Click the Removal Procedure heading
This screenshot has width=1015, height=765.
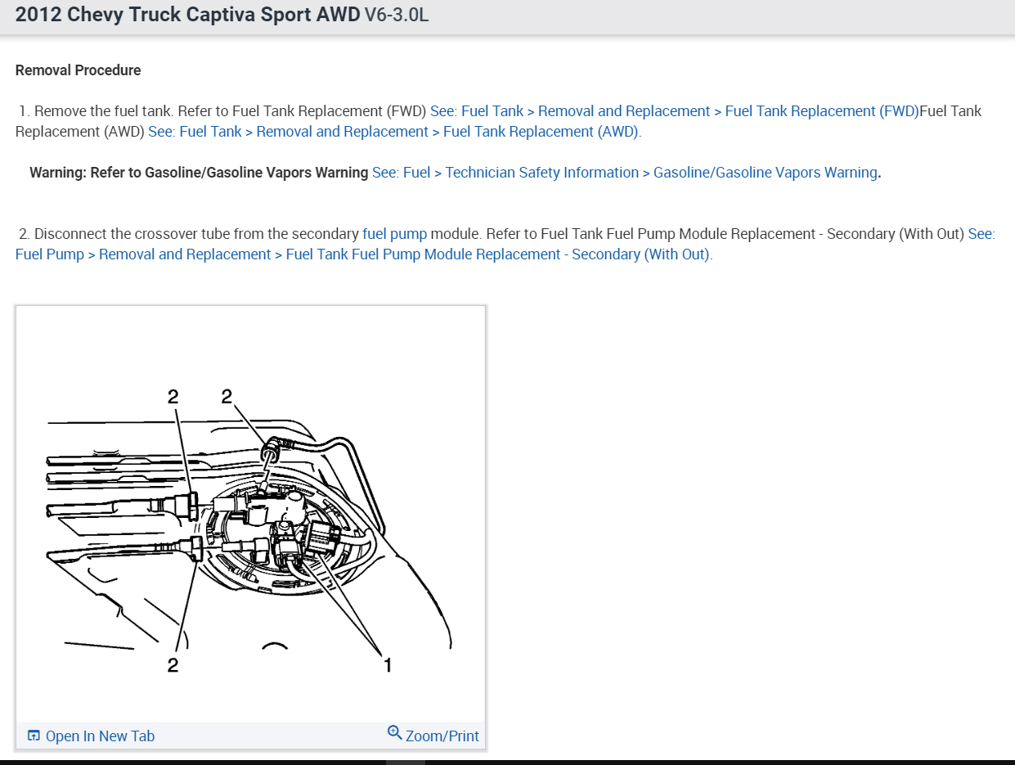point(78,70)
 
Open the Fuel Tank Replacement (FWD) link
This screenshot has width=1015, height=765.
point(822,111)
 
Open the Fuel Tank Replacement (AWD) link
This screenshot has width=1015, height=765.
point(541,132)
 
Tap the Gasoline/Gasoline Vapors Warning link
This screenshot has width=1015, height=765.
point(765,173)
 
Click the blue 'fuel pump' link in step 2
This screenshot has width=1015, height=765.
point(394,234)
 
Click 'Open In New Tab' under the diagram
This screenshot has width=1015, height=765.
point(100,736)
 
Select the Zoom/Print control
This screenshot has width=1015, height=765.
point(442,736)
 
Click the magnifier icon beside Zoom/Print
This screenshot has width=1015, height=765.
point(394,732)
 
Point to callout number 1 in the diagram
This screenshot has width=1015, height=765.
point(388,665)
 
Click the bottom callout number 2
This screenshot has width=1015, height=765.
point(173,665)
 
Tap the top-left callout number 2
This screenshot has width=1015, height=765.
point(173,397)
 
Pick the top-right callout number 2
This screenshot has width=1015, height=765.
point(227,397)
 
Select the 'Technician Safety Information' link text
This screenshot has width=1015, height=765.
point(541,173)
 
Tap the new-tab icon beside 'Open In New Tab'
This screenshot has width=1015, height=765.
point(34,736)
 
